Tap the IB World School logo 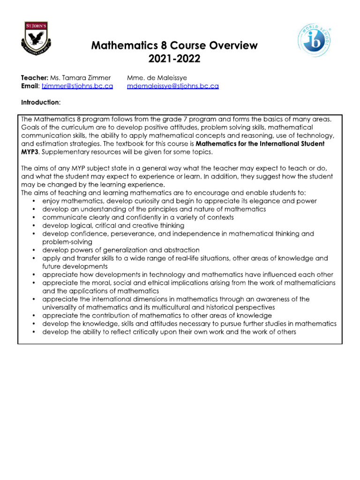(x=316, y=41)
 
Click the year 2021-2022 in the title (x=174, y=59)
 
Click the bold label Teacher (x=34, y=78)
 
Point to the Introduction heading (x=40, y=102)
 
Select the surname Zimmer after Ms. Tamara (x=100, y=78)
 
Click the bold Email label (x=30, y=86)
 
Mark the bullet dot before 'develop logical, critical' (x=36, y=226)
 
